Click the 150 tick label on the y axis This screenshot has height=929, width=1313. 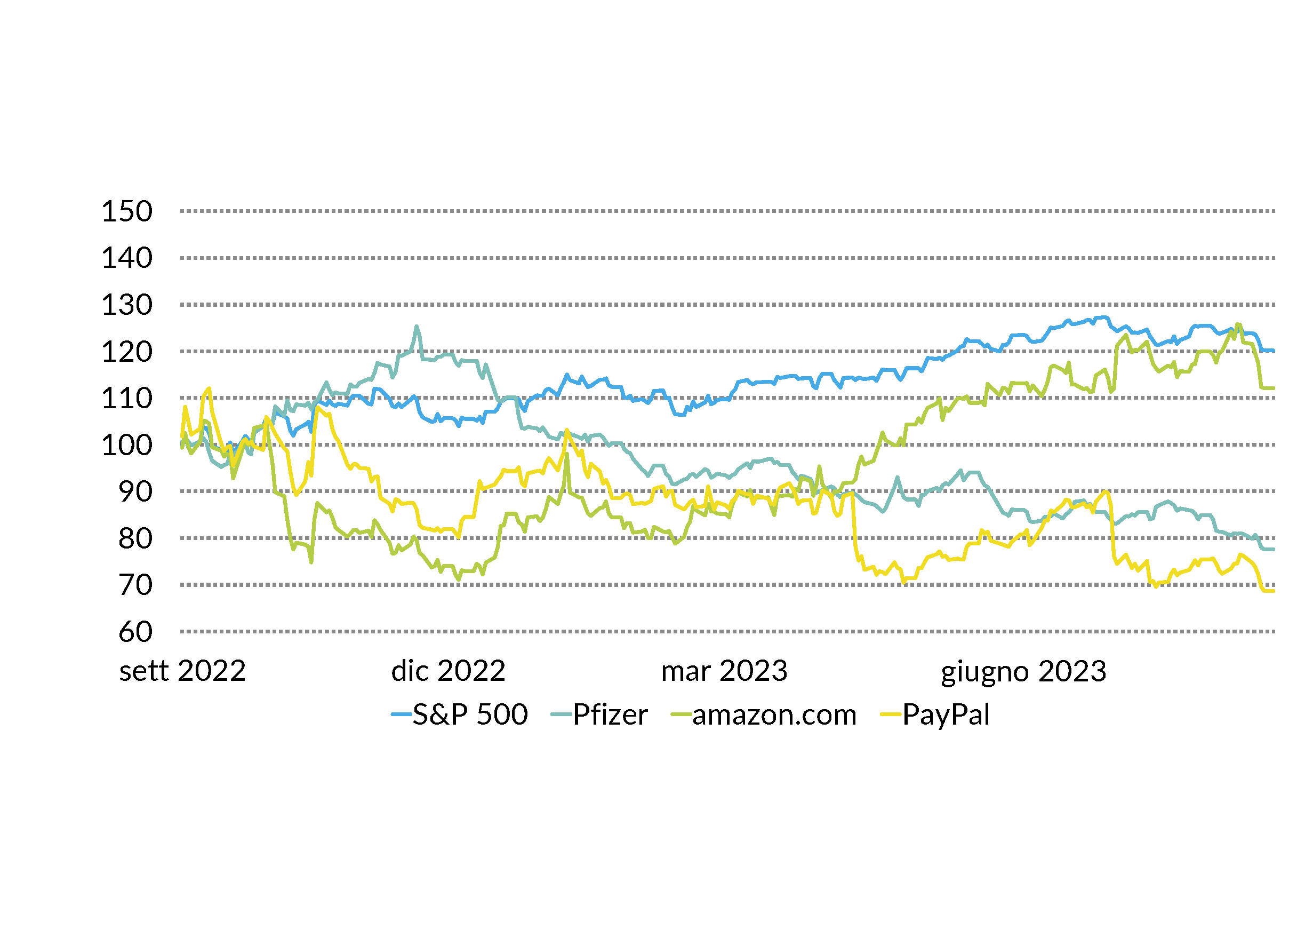tap(127, 212)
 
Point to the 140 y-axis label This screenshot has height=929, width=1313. tap(127, 259)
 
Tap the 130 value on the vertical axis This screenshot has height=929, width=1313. tap(127, 305)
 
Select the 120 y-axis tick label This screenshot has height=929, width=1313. tap(127, 352)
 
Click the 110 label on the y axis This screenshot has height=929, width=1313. tap(127, 399)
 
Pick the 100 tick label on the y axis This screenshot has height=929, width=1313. tap(127, 446)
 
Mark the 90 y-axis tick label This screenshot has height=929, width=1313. tap(135, 492)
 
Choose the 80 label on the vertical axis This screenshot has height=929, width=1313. tap(135, 539)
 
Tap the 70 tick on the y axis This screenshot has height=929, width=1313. tap(135, 586)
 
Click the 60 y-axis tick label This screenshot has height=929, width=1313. tap(135, 633)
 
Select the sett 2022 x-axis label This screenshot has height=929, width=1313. tap(182, 671)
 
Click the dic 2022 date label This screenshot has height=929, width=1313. tap(449, 671)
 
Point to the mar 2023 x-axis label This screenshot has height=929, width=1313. tap(724, 671)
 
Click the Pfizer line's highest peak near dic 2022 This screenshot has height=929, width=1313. tap(417, 327)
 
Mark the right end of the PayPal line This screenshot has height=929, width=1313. tap(1274, 591)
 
